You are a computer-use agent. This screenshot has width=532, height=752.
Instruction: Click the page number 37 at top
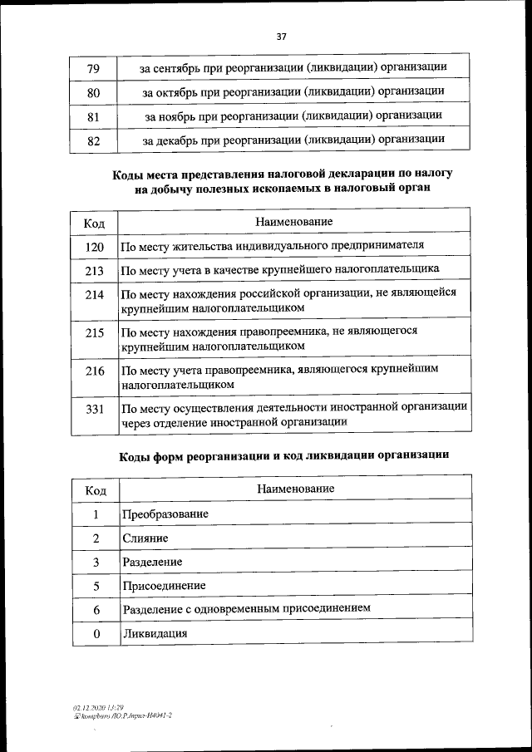[281, 37]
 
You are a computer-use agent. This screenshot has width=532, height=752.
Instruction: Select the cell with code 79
[94, 66]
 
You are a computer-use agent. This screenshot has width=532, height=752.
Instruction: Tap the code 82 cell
[94, 141]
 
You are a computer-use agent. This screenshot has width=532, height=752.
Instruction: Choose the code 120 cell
[94, 247]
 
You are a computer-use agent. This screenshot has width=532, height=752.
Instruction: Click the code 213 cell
[94, 271]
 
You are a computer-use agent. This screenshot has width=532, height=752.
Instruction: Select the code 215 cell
[94, 333]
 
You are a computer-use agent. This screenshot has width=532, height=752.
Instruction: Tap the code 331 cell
[94, 409]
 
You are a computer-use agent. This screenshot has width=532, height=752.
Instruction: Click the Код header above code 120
[94, 224]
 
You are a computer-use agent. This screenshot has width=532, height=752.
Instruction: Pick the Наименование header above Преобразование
[294, 489]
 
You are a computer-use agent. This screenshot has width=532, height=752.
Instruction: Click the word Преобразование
[165, 514]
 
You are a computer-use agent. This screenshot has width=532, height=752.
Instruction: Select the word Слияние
[145, 538]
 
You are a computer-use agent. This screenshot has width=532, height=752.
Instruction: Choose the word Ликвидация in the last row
[154, 633]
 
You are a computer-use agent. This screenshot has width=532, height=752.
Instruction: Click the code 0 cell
[96, 634]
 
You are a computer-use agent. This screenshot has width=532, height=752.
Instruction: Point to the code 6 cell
[96, 610]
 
